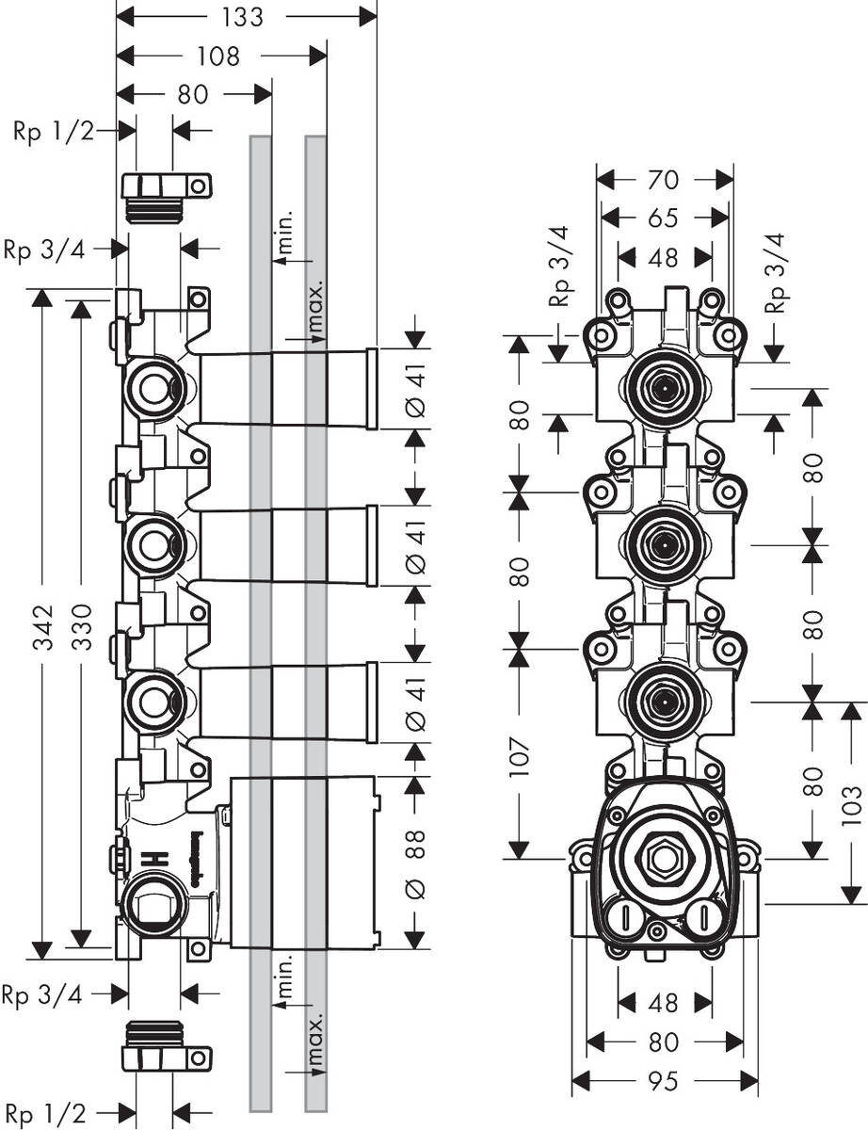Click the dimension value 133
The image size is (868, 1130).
tap(244, 17)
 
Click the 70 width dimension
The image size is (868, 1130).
tap(664, 179)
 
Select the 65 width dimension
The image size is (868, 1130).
tap(664, 218)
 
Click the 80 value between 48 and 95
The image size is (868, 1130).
tap(664, 1042)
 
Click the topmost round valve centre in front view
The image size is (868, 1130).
tap(664, 386)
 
